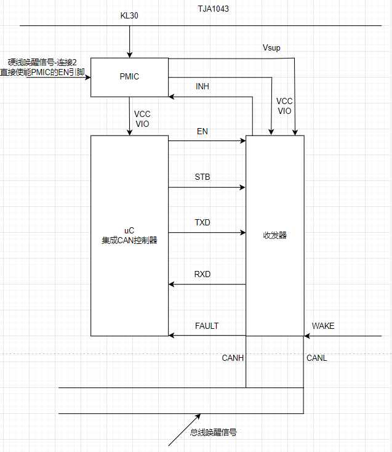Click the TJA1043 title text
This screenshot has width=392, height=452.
[213, 9]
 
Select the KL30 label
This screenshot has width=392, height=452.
[129, 15]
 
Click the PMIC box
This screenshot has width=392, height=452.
[129, 77]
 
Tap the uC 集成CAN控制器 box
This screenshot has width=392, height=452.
[129, 235]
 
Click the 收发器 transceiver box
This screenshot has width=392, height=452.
[274, 235]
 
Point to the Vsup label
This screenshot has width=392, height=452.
[271, 47]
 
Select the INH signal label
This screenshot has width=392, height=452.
[202, 87]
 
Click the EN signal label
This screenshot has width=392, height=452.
[202, 132]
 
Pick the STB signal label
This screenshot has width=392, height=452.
[202, 177]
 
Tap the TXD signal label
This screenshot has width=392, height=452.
[202, 222]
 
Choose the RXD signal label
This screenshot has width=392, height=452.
[202, 274]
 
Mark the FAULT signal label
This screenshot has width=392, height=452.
[207, 326]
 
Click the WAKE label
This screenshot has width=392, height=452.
[323, 326]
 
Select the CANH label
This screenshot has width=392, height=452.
[233, 358]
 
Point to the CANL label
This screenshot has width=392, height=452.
[317, 358]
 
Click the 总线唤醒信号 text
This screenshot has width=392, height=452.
[214, 432]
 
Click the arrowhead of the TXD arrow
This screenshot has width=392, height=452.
[242, 233]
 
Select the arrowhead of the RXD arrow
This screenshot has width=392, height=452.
[172, 284]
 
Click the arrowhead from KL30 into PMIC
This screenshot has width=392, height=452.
[129, 54]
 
